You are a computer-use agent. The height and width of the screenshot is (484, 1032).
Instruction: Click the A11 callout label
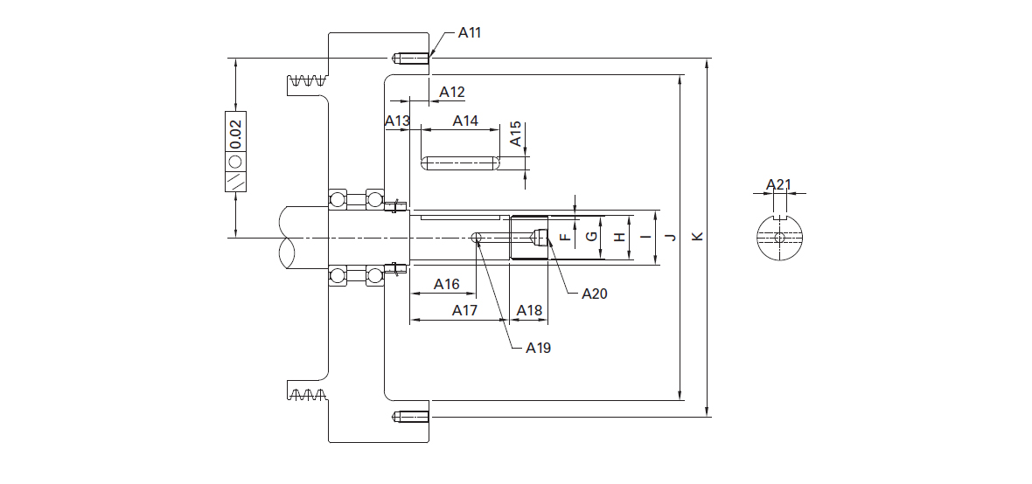click(470, 33)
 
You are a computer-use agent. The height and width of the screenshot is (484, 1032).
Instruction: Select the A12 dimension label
click(452, 92)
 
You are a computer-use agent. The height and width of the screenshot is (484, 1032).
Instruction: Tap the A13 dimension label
click(398, 121)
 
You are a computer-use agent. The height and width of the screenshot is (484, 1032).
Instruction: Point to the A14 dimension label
click(465, 121)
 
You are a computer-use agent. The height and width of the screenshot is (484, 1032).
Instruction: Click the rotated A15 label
click(517, 134)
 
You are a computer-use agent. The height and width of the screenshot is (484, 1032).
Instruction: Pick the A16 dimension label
click(446, 284)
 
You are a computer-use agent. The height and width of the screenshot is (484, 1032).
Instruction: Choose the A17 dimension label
click(464, 310)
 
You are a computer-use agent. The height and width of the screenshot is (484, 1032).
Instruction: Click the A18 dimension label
click(529, 310)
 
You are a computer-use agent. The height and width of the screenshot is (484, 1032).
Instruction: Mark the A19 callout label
click(539, 348)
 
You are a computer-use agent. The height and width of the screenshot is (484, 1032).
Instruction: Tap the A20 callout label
click(595, 294)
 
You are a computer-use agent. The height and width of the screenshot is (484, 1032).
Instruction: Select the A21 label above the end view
click(779, 185)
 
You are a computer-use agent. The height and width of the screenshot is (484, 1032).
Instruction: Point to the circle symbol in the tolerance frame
click(235, 162)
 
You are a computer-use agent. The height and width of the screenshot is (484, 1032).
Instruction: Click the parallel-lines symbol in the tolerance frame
click(235, 180)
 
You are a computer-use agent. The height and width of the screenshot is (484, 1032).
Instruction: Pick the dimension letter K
click(698, 237)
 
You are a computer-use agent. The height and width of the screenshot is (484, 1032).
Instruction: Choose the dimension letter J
click(672, 237)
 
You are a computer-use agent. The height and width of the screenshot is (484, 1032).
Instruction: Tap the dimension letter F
click(565, 237)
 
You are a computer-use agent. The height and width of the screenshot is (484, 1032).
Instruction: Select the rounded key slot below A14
click(459, 163)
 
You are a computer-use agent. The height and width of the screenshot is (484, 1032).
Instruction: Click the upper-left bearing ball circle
click(338, 198)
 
